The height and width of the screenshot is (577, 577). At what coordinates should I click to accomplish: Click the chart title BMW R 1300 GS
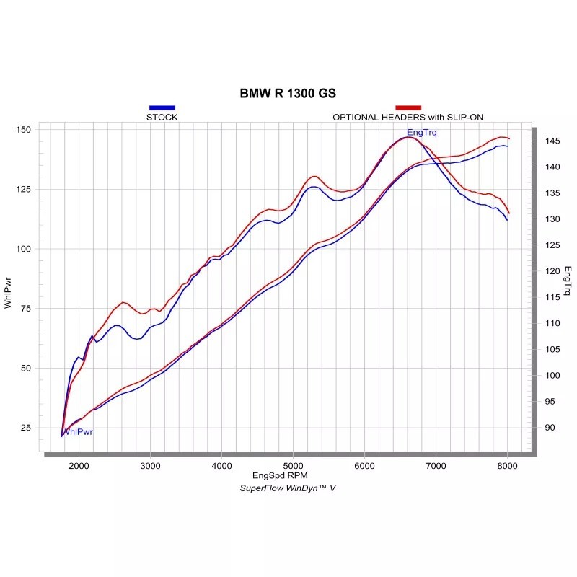(x=288, y=94)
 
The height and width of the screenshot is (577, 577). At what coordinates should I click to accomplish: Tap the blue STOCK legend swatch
(x=162, y=107)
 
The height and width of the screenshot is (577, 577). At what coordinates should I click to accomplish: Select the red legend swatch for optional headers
(x=408, y=107)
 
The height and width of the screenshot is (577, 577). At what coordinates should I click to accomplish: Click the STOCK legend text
(x=162, y=117)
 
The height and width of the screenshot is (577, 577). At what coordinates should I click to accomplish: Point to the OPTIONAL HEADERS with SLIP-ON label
(x=408, y=117)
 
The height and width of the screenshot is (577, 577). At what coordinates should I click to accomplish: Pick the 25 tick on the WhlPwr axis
(x=26, y=428)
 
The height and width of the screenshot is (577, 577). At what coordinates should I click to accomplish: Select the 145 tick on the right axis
(x=551, y=141)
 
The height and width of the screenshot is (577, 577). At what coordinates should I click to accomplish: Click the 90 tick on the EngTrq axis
(x=549, y=428)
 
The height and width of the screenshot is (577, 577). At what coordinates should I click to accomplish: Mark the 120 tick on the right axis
(x=551, y=271)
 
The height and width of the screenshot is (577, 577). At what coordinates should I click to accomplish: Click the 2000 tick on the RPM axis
(x=79, y=465)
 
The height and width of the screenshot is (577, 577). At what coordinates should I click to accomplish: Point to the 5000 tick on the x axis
(x=294, y=465)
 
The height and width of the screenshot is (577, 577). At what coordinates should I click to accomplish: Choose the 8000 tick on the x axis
(x=508, y=465)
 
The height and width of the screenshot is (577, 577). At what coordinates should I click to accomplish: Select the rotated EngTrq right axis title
(x=568, y=282)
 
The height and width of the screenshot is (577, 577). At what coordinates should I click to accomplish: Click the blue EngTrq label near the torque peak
(x=421, y=133)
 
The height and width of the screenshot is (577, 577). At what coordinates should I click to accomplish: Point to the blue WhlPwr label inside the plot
(x=78, y=432)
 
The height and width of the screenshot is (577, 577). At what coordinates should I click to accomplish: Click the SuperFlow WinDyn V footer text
(x=288, y=488)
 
